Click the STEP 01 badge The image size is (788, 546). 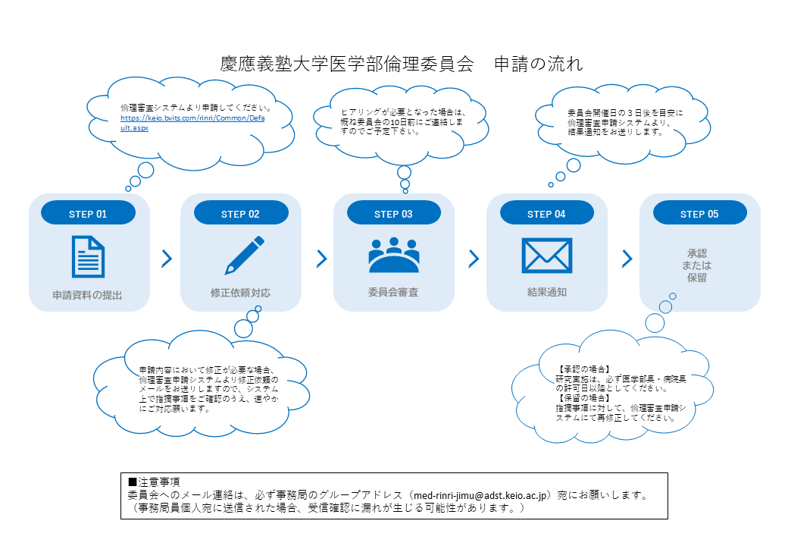click(88, 214)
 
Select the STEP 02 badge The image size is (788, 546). click(240, 214)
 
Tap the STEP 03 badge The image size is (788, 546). click(393, 214)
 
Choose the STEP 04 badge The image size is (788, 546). click(546, 214)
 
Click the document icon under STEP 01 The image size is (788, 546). click(88, 256)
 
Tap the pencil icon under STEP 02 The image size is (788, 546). click(244, 256)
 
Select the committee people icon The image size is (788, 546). click(393, 256)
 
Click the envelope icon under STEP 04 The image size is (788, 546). click(546, 256)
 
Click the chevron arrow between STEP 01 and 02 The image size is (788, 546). click(167, 259)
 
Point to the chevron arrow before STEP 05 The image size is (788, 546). click(627, 259)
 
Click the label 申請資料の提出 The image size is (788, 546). click(87, 295)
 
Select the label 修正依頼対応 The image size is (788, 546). click(240, 292)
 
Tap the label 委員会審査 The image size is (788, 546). click(393, 292)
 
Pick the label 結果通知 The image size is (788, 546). click(546, 292)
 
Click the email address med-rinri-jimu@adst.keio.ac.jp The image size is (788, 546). click(477, 494)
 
